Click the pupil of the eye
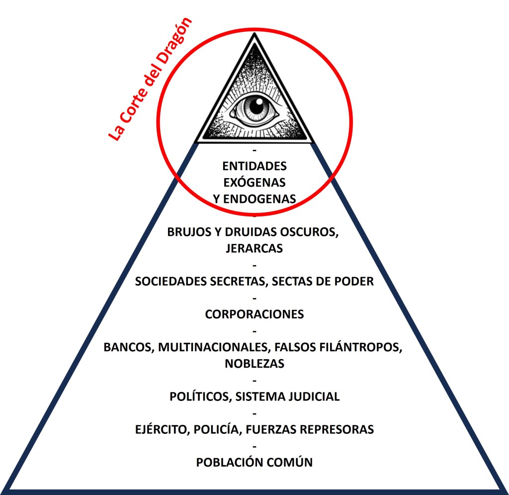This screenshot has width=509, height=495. pyautogui.click(x=256, y=106)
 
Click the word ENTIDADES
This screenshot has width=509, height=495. pyautogui.click(x=254, y=165)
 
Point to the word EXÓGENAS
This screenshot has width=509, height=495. pyautogui.click(x=254, y=182)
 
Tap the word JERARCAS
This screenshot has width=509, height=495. pyautogui.click(x=254, y=248)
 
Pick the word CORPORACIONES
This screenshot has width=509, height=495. pyautogui.click(x=254, y=314)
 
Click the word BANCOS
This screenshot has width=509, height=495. pyautogui.click(x=128, y=347)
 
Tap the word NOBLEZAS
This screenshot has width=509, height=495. pyautogui.click(x=254, y=364)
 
